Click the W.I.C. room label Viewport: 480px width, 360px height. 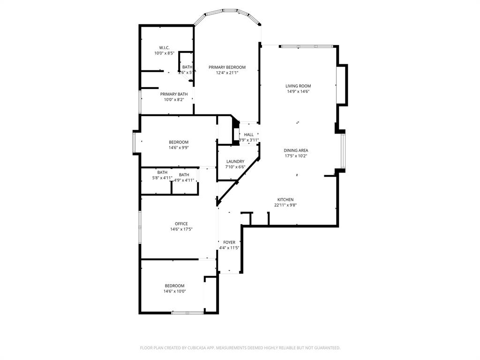[164, 48]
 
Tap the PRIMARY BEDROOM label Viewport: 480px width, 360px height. [227, 67]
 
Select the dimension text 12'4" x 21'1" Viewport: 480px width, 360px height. [227, 73]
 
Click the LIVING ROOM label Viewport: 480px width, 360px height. [298, 86]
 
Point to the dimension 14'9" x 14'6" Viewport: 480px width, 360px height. [298, 91]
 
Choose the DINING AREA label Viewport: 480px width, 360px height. [296, 150]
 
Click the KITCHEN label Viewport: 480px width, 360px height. [285, 200]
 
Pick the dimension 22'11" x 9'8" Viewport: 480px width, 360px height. [285, 205]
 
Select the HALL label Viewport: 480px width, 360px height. [248, 135]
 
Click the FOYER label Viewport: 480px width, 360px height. [229, 242]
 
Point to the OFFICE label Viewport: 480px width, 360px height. [181, 224]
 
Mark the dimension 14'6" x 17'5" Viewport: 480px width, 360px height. [181, 229]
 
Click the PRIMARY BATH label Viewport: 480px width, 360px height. [174, 94]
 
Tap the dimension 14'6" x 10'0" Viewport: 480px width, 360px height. [174, 291]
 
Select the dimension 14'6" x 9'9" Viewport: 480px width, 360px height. [179, 148]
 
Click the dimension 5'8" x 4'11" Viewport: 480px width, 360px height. [162, 178]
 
